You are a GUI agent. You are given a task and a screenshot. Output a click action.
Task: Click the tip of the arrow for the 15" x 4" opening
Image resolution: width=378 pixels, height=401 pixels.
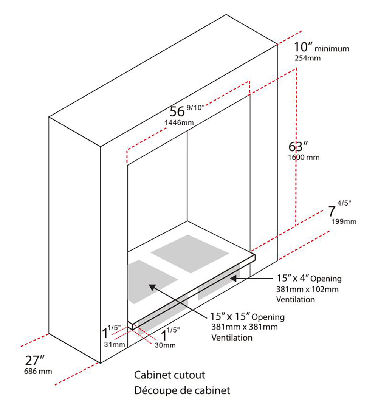[x=230, y=278]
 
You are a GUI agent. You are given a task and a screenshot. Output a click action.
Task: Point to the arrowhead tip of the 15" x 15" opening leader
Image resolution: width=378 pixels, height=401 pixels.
[x=149, y=284]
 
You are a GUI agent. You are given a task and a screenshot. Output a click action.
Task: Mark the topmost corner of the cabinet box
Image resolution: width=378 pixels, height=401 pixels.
[x=226, y=15]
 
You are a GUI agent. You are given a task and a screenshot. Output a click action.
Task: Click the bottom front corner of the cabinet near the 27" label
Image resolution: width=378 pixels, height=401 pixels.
[x=101, y=363]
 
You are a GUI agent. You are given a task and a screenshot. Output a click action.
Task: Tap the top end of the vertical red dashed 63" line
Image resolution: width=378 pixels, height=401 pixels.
[x=297, y=68]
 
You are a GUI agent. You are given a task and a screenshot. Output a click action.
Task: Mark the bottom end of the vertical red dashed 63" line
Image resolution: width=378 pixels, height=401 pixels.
[x=296, y=226]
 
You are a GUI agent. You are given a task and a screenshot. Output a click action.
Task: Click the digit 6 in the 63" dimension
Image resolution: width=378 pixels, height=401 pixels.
[x=292, y=147]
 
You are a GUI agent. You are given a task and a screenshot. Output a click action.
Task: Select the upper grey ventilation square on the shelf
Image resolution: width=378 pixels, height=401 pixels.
[x=190, y=254]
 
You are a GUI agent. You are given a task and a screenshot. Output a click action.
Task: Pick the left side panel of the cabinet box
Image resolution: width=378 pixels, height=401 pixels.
[x=75, y=240]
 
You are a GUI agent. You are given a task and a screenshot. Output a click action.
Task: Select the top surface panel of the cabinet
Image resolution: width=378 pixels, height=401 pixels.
[x=163, y=81]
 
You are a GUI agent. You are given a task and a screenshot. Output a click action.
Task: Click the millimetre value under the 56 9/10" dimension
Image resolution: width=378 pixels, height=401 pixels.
[x=179, y=122]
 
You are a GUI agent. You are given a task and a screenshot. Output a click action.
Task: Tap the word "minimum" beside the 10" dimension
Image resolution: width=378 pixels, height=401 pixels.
[x=332, y=49]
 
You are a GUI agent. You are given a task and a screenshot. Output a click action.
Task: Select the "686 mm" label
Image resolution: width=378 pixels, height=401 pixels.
[x=38, y=371]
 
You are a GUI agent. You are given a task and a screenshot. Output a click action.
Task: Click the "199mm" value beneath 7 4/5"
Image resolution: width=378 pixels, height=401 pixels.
[x=344, y=221]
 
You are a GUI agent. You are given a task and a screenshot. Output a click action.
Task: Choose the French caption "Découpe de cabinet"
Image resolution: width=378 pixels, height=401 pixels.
[x=182, y=390]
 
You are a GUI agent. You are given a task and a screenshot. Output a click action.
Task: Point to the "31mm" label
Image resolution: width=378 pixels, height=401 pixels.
[x=114, y=344]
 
